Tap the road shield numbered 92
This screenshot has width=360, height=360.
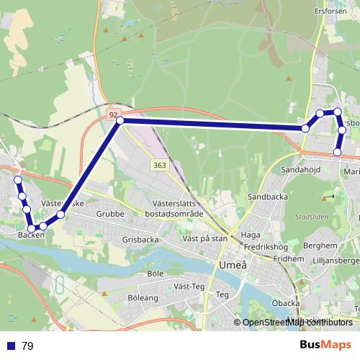coord(113,114)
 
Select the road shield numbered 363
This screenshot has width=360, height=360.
coord(160,166)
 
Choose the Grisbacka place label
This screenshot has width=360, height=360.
coord(140,239)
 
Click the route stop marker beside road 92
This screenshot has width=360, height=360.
coord(120,121)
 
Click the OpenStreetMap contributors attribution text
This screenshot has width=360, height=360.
coord(298,322)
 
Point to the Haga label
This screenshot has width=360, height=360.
coord(251,235)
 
